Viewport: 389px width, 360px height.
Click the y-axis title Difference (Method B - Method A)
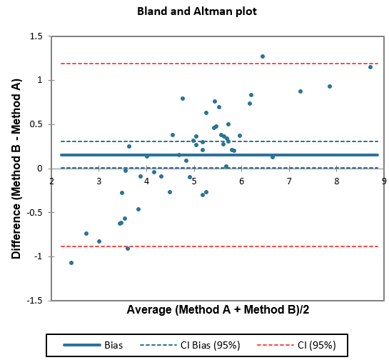point(16,168)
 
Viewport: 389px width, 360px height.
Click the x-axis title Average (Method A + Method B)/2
point(217,310)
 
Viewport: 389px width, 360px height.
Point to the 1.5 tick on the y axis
point(35,36)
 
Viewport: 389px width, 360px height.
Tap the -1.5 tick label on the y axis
point(34,301)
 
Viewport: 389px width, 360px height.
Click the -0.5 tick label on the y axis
point(34,213)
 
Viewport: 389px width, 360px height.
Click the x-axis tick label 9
point(384,181)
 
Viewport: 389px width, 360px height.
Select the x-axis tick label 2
point(51,181)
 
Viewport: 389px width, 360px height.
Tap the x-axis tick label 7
point(289,181)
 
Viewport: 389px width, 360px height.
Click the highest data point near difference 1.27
point(263,56)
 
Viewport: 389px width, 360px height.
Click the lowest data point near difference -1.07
point(71,263)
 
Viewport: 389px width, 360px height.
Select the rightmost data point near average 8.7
point(370,67)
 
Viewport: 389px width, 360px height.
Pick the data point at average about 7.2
point(300,91)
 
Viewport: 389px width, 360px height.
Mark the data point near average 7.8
point(330,86)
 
